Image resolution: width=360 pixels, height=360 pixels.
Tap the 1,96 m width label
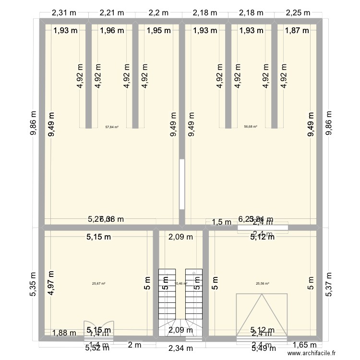[x=112, y=31]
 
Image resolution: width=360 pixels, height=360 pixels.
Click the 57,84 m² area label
[x=112, y=127]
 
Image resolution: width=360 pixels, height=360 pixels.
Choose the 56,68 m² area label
[x=251, y=127]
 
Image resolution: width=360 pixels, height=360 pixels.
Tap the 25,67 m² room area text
[x=98, y=283]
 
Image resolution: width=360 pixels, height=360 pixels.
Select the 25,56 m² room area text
[x=263, y=283]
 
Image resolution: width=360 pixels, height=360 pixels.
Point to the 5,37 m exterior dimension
[x=329, y=285]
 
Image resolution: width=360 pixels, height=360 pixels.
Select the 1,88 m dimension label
[x=64, y=333]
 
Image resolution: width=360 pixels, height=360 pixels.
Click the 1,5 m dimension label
[x=221, y=221]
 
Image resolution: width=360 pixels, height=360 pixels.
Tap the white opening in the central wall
[x=181, y=184]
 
